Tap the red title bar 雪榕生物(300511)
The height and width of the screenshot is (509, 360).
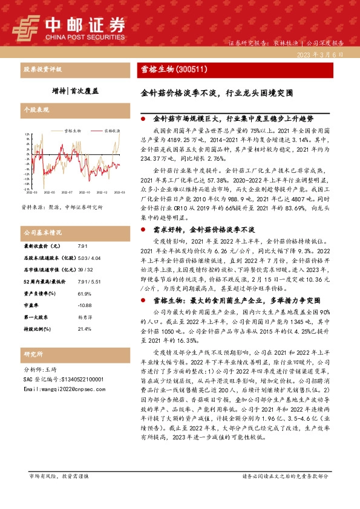pos(175,71)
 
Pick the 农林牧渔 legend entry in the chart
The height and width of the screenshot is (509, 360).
pos(111,130)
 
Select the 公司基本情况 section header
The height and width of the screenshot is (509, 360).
pos(42,232)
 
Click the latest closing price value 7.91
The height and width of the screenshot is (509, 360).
pos(82,247)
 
